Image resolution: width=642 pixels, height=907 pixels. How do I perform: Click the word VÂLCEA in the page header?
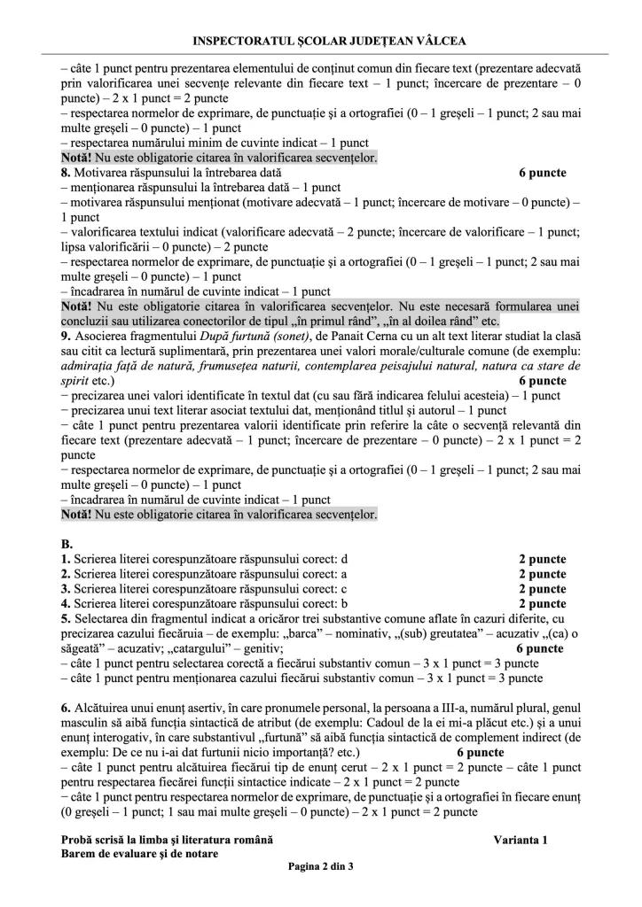[438, 41]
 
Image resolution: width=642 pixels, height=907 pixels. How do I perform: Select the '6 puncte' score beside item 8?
[542, 173]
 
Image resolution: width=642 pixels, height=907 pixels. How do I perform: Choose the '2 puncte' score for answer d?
[542, 559]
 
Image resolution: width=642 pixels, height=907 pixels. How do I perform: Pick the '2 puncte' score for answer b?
[542, 604]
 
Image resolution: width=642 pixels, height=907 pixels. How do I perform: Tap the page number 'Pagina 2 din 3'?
[320, 866]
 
